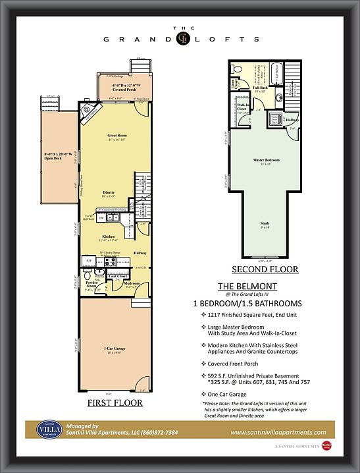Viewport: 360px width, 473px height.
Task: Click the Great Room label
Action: [116, 137]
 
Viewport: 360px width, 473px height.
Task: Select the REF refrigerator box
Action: [90, 261]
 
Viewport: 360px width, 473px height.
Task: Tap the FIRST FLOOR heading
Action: [115, 403]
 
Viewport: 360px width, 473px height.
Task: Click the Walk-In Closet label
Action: [243, 107]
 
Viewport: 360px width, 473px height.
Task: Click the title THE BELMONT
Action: [246, 286]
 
